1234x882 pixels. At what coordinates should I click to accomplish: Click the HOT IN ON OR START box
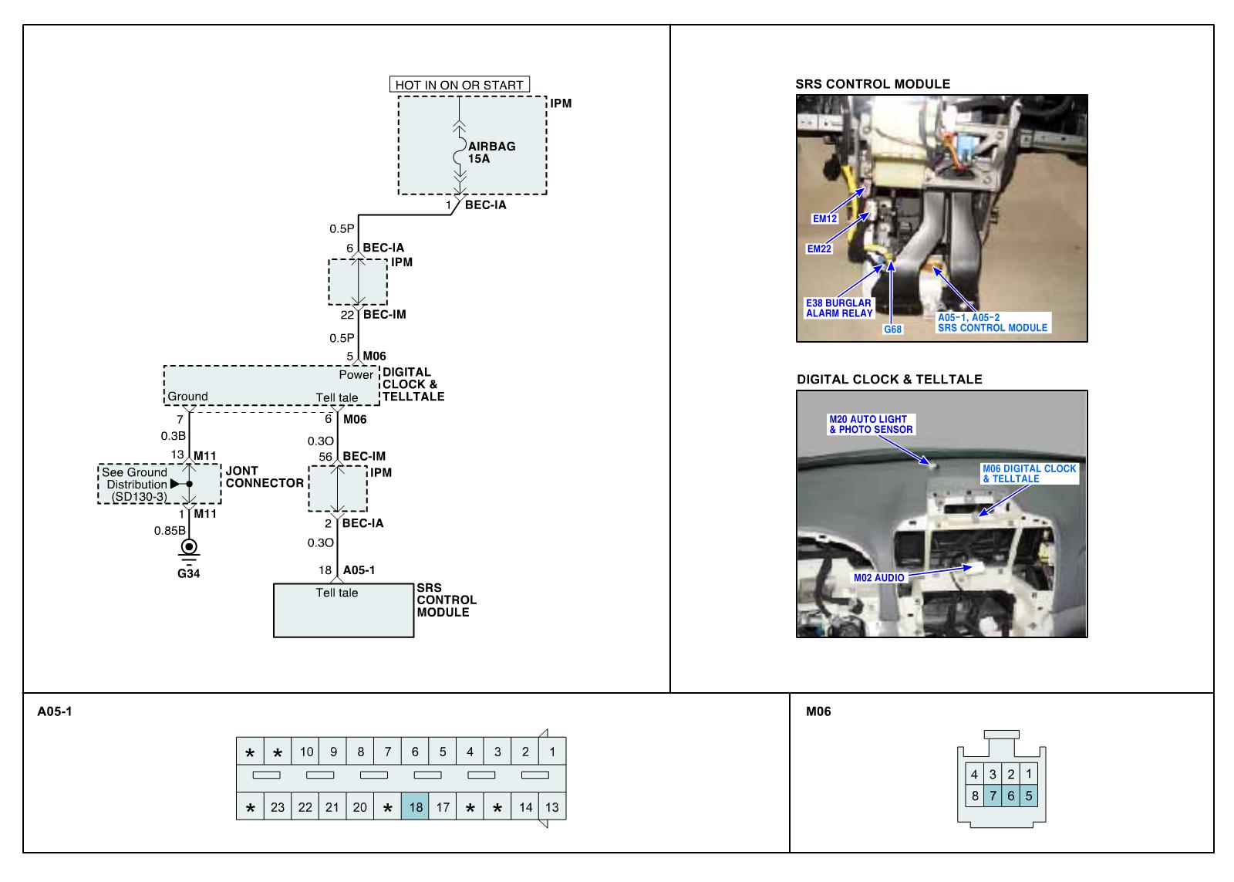coord(460,85)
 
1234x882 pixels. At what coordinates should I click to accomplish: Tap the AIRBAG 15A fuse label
coord(491,152)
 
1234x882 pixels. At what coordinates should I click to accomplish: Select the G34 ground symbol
coord(188,549)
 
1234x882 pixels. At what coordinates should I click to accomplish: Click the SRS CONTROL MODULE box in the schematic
coord(343,610)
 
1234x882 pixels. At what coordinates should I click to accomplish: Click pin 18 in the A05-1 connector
coord(415,807)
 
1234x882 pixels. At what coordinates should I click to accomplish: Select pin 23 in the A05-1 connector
coord(278,807)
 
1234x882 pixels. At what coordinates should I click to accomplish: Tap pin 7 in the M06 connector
coord(993,796)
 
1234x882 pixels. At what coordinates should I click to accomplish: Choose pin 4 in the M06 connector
coord(974,775)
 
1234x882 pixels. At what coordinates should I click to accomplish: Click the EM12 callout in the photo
coord(824,218)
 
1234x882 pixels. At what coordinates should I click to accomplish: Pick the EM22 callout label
coord(819,248)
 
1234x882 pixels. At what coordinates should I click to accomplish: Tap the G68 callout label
coord(892,329)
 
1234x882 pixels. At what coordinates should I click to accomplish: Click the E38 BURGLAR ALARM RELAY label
coord(839,308)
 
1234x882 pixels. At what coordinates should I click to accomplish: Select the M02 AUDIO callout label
coord(878,577)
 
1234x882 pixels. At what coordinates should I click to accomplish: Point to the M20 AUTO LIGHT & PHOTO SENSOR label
coord(871,424)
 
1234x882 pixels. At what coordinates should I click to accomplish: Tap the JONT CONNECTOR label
coord(264,477)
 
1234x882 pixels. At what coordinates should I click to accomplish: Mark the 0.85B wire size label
coord(169,531)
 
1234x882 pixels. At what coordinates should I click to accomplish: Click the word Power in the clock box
coord(356,375)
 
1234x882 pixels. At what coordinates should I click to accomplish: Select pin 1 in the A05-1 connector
coord(552,752)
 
